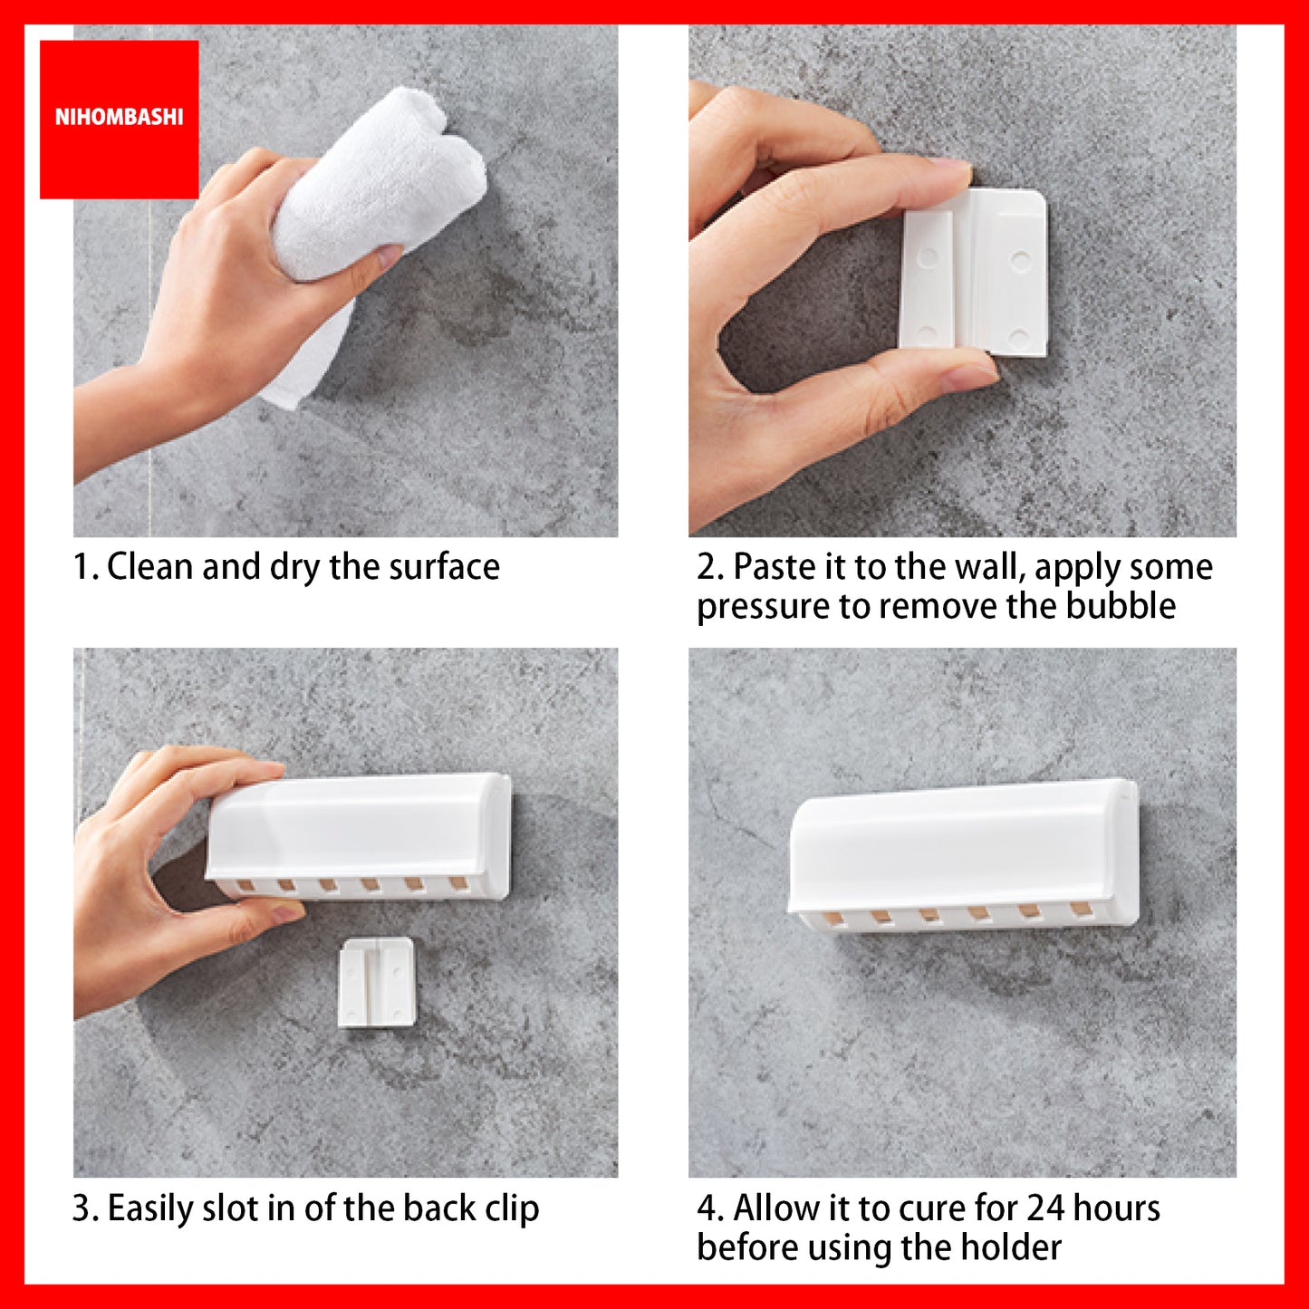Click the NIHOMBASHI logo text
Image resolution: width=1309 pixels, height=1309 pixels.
tap(119, 118)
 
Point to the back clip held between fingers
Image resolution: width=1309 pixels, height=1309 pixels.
tap(973, 272)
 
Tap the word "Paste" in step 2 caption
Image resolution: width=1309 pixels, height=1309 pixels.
tap(775, 566)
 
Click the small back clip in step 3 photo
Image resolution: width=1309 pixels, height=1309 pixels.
tap(376, 982)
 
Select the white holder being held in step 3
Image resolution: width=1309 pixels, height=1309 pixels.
tap(359, 835)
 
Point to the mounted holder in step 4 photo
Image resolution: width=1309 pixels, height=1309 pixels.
tap(963, 854)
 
